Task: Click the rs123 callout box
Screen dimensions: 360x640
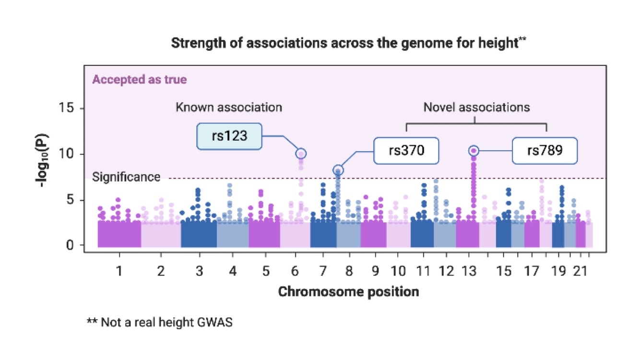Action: tap(230, 136)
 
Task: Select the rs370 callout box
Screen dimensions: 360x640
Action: tap(406, 151)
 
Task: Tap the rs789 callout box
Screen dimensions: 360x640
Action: tap(545, 151)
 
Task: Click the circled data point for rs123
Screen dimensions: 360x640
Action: tap(301, 154)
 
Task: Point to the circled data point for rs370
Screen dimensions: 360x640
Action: tap(338, 170)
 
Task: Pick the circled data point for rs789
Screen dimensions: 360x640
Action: tap(474, 151)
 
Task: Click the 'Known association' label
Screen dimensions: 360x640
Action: tap(229, 107)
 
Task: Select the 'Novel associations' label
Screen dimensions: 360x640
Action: tap(476, 107)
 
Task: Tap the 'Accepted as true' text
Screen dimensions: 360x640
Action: tap(139, 80)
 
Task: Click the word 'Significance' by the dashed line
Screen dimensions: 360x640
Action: tap(126, 177)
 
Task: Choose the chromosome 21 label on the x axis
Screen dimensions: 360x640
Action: tap(581, 272)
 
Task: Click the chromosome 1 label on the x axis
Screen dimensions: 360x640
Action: tap(119, 272)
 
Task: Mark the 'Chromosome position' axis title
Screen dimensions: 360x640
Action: tap(349, 291)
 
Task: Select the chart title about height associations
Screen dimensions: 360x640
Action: tap(349, 43)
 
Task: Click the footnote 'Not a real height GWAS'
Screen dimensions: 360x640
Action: tap(159, 322)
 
